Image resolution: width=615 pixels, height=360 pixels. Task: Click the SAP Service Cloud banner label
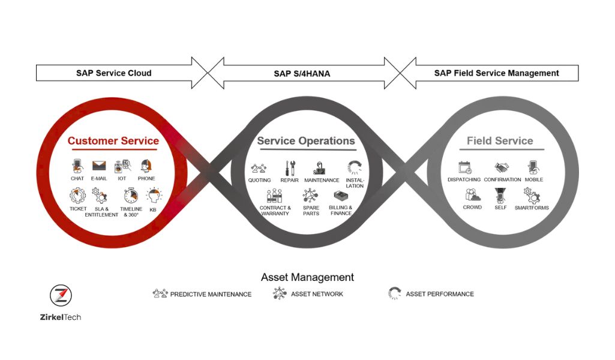point(114,73)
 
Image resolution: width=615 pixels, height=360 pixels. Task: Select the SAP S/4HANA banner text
point(302,73)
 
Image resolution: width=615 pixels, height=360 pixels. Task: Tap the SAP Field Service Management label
point(497,73)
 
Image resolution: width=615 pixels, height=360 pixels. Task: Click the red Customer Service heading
point(113,141)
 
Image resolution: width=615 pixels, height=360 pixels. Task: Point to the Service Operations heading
point(306,141)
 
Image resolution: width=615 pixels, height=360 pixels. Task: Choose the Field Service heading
point(500,141)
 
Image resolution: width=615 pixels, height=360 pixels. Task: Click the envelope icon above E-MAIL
point(99,166)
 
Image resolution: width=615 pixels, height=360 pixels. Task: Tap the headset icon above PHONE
point(146,166)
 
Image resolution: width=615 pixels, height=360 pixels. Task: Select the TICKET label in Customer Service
point(78,209)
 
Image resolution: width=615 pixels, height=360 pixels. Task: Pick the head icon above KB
point(154,196)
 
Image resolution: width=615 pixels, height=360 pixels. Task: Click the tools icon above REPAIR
point(290,168)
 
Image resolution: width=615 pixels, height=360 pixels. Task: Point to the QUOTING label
point(259,180)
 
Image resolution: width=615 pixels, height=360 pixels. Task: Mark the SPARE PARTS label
point(311,211)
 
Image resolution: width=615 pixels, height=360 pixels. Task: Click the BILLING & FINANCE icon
point(341,196)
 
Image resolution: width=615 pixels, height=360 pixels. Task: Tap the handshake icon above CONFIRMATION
point(502,168)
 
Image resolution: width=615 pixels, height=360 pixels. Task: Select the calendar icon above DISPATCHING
point(465,167)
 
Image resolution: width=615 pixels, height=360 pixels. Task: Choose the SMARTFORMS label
point(532,208)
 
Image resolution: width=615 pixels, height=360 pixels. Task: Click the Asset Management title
point(307,277)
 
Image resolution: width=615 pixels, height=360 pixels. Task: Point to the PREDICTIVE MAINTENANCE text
point(211,294)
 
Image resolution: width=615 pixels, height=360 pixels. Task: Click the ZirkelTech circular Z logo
point(61,295)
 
